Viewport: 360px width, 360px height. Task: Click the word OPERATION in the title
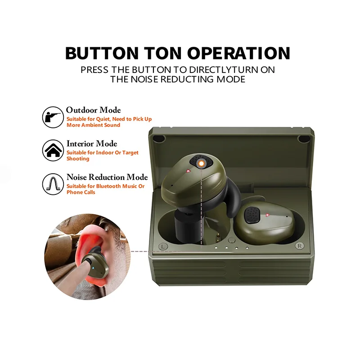[238, 53]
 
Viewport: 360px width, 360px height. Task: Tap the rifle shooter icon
[53, 117]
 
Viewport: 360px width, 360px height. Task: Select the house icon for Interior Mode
[53, 150]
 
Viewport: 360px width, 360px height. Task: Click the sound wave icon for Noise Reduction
[53, 184]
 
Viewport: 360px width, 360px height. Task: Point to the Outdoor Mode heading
[94, 110]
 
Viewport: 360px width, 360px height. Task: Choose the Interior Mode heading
[92, 144]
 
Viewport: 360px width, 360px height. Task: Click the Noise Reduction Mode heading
[107, 177]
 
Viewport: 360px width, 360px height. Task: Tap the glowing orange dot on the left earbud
[201, 163]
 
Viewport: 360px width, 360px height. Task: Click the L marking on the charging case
[163, 247]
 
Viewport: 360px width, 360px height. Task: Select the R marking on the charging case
[299, 246]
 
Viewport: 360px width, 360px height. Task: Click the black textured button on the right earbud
[252, 215]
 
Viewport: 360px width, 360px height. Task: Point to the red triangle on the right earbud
[267, 215]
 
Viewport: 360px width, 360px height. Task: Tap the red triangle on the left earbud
[188, 171]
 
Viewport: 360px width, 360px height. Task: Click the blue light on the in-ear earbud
[93, 268]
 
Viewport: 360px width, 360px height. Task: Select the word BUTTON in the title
[102, 53]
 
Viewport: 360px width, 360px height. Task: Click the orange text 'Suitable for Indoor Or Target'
[103, 153]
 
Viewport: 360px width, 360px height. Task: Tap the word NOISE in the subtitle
[144, 79]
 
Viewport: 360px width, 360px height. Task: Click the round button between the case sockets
[232, 240]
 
